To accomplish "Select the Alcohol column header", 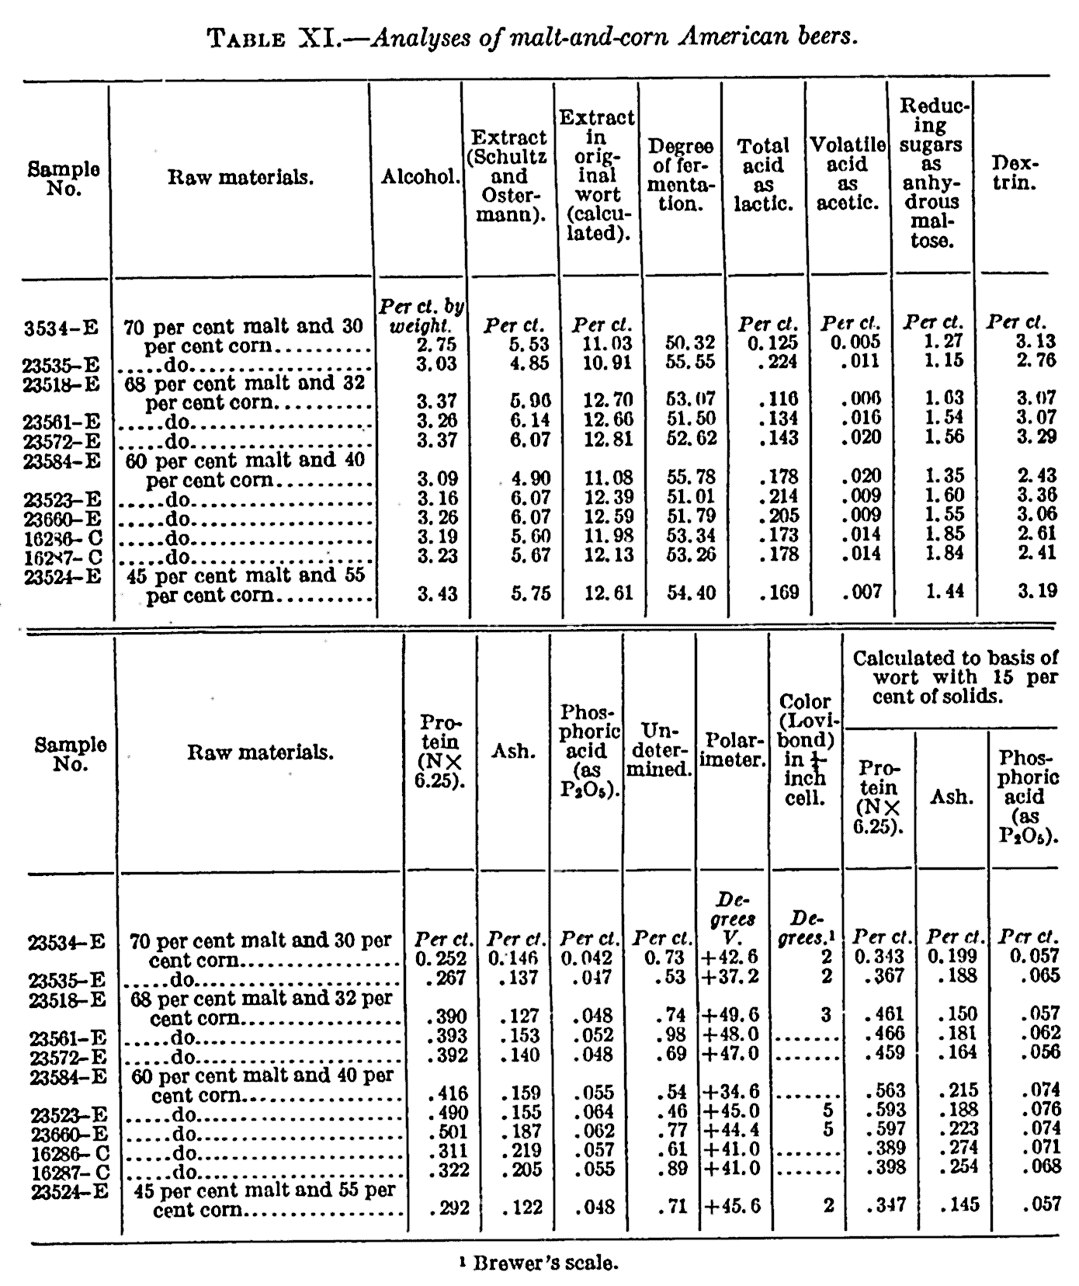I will tap(420, 177).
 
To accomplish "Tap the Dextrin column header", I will tap(1015, 175).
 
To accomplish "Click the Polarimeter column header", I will tap(733, 759).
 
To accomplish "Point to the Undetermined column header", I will tap(658, 749).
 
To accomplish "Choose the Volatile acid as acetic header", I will tap(848, 174).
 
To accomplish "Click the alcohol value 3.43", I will tap(436, 594).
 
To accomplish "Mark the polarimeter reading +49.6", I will tap(731, 1015).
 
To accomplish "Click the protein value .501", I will tap(449, 1131).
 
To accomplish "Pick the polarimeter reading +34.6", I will tap(731, 1093).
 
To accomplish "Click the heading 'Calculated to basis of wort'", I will tap(954, 676).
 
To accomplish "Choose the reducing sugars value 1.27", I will tap(942, 342).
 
